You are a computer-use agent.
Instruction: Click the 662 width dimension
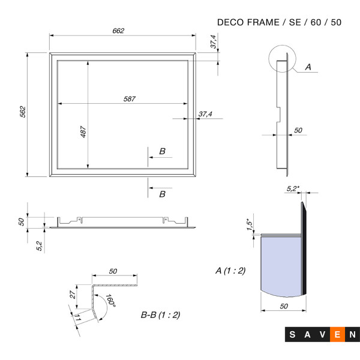118,31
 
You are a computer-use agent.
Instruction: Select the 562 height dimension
23,112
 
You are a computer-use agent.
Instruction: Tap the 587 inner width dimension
129,99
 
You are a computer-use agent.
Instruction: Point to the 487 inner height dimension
83,132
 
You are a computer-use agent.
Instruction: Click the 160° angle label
110,301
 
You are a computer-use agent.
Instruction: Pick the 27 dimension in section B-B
73,295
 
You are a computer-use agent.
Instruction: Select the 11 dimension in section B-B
77,318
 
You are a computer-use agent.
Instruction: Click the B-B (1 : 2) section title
160,315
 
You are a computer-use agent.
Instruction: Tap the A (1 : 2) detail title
230,271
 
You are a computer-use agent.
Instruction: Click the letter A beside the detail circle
308,67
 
